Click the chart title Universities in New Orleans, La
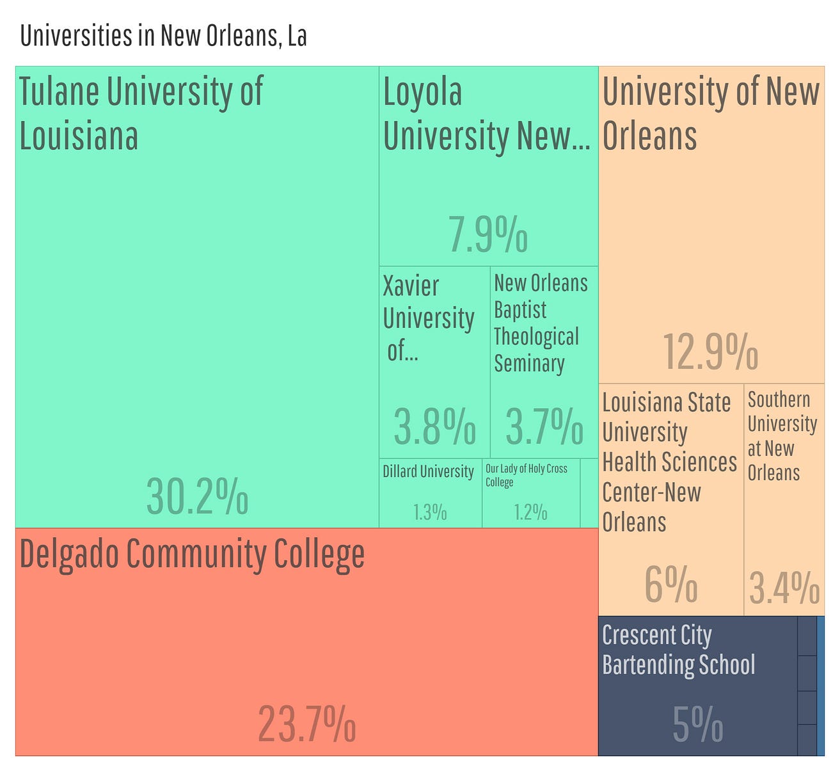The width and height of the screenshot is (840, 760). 163,35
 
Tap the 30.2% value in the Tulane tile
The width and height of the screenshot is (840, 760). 197,496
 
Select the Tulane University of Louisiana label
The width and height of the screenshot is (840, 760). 141,113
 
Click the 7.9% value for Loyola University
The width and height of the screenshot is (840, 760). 487,234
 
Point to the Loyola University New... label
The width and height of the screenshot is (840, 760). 486,113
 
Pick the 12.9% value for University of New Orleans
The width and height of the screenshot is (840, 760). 710,352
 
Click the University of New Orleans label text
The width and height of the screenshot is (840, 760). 710,113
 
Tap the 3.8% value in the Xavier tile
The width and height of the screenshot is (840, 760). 434,426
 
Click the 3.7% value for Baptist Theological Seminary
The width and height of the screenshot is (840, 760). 544,426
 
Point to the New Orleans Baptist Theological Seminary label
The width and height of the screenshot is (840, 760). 540,323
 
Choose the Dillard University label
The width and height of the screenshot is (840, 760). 428,472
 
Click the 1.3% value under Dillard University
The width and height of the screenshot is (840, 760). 430,512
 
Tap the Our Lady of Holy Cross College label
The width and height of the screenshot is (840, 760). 526,475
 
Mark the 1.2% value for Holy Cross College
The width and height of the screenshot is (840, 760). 530,512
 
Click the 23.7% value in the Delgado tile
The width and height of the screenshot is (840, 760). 306,724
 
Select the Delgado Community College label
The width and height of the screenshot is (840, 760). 192,554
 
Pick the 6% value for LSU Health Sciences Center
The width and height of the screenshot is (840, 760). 670,585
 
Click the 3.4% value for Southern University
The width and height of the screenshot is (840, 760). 784,588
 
